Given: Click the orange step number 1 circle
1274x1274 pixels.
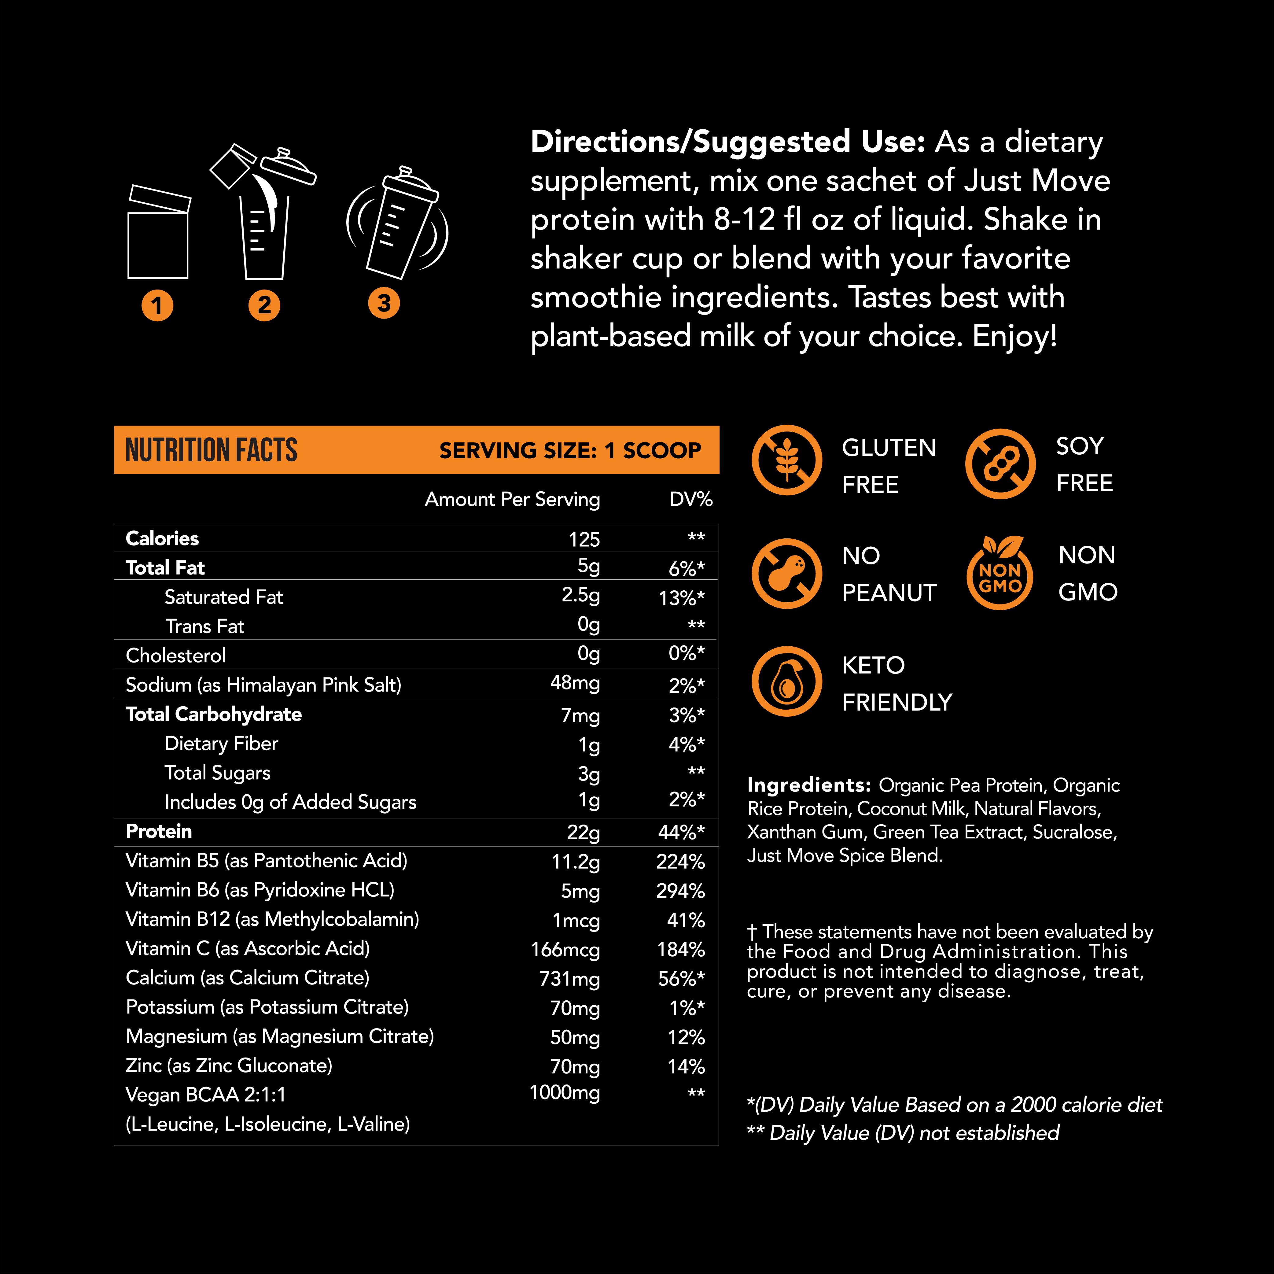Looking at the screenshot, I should (157, 305).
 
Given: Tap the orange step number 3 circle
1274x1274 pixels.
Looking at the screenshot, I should (384, 303).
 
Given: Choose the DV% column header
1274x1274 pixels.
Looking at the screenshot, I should (690, 499).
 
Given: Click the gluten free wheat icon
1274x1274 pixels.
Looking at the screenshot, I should (787, 460).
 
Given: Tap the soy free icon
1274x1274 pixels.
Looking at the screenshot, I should (1000, 463).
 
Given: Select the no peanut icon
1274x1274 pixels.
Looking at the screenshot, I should (787, 573).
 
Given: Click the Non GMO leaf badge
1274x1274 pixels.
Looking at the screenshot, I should (1000, 572).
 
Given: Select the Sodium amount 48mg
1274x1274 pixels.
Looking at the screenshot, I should (575, 683).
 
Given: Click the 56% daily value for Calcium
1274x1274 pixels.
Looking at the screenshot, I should (681, 979).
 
